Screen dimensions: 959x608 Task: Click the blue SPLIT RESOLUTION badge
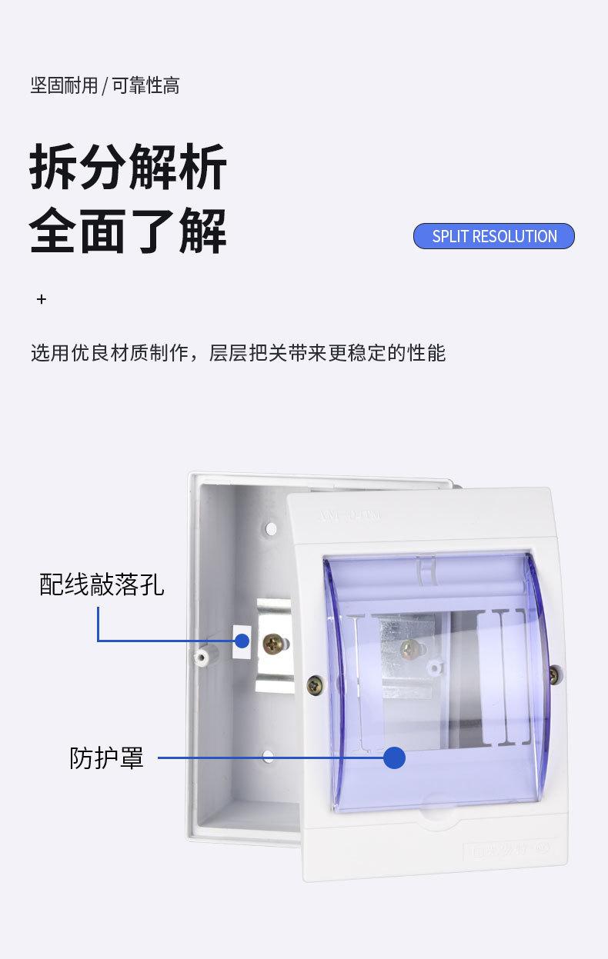tap(493, 236)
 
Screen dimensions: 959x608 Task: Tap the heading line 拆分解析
tap(128, 167)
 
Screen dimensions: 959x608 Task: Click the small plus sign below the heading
tap(42, 299)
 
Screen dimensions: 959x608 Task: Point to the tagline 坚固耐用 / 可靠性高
tap(105, 85)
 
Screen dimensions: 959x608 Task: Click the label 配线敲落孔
tap(102, 584)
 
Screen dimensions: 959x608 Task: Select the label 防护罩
tap(106, 758)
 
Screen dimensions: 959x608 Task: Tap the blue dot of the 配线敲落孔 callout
tap(242, 641)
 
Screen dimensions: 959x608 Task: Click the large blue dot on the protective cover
tap(394, 758)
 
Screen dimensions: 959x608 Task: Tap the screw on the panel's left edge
tap(314, 684)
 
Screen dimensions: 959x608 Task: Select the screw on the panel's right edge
tap(553, 674)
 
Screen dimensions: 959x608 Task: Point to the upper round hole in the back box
tap(271, 529)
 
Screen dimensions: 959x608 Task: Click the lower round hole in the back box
tap(268, 757)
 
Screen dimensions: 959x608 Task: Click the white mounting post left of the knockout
tap(203, 657)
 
